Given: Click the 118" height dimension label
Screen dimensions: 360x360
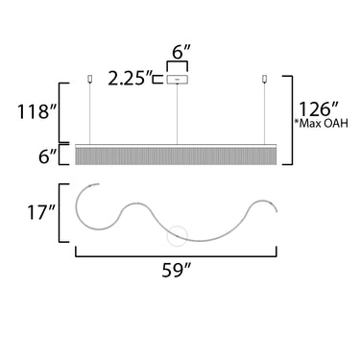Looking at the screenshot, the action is (x=37, y=111).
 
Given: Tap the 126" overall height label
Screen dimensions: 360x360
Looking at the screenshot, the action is (x=318, y=108).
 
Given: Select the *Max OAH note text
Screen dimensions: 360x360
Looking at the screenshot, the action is (x=322, y=124).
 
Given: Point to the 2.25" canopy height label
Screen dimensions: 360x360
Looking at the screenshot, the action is (x=131, y=78).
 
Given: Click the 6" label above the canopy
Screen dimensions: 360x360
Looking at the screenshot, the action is (x=181, y=52).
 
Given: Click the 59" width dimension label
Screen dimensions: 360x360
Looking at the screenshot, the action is (x=176, y=271).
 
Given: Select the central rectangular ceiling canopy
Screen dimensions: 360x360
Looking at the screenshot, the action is (x=177, y=79).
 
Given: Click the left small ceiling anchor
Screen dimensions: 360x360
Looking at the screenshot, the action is (x=89, y=79).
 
